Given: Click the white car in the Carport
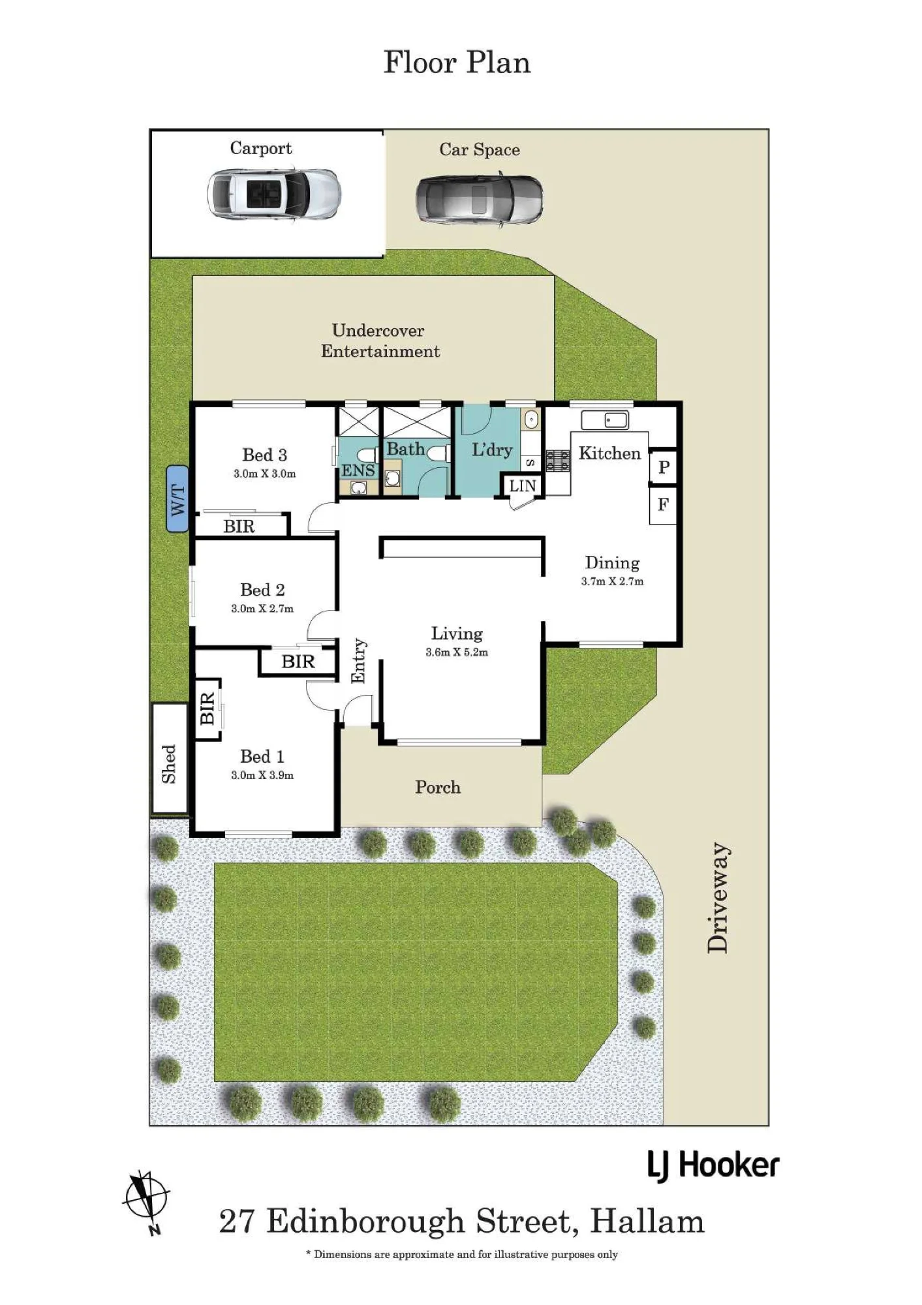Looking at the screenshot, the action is pos(274,194).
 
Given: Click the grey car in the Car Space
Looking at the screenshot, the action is pos(480,198).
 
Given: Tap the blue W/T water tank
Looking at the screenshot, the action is pos(177,499).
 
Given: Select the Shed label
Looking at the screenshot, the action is pos(169,763).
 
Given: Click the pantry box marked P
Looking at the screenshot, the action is pos(664,467).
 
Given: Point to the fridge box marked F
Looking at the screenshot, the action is pos(663,504).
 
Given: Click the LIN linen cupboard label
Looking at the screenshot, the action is pos(523,485).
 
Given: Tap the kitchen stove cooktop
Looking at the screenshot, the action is pos(558,461).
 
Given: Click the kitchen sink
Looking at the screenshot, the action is pos(605,420).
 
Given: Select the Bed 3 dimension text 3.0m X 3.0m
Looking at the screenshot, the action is pos(264,474).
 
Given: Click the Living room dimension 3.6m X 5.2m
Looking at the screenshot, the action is pos(457,652).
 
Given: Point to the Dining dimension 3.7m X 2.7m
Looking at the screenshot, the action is pos(612,581).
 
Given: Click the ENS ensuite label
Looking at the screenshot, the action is pos(358,470).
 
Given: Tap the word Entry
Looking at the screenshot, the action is pos(359,661).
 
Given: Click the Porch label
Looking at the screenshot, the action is pos(438,787).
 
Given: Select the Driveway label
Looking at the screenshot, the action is pos(718,897).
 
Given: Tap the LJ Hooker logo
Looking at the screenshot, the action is pos(713,1165).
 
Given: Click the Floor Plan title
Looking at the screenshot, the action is pos(457,63).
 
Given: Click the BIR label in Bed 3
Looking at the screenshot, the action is pos(239,527).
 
